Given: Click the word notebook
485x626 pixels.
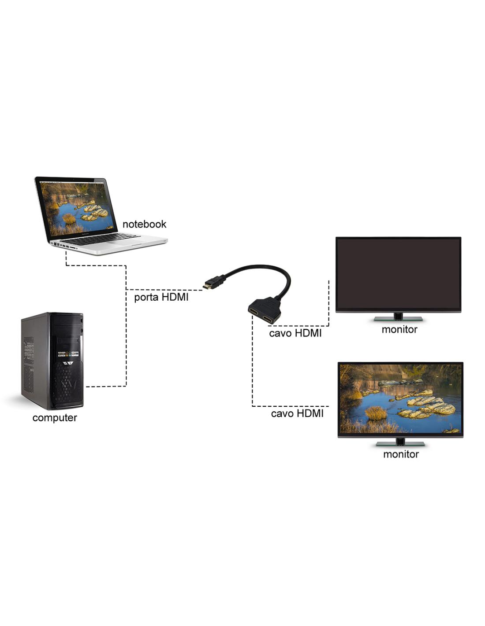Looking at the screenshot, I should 144,224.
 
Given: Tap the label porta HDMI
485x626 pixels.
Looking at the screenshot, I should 161,297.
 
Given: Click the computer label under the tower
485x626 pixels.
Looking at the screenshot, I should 55,418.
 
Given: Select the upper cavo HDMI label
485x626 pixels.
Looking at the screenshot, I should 295,333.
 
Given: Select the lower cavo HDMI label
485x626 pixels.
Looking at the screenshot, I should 297,413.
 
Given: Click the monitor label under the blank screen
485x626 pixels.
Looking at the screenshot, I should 399,329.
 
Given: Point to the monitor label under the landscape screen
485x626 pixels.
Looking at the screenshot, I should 400,454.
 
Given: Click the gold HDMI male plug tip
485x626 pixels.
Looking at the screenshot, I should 206,287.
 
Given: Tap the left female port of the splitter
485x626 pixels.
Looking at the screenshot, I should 255,312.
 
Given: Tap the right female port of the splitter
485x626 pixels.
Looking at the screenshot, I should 269,319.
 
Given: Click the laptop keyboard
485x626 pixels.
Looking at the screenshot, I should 104,239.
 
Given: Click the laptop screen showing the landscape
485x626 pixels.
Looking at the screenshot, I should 75,207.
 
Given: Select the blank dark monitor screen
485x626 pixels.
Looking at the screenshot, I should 398,273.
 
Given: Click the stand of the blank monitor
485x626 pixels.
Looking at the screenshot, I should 398,317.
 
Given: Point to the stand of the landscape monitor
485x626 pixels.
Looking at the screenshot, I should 400,442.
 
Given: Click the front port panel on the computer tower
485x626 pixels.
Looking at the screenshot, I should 68,354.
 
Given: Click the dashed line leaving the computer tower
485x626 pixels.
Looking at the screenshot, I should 106,386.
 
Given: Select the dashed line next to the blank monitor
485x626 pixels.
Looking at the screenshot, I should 328,304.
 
